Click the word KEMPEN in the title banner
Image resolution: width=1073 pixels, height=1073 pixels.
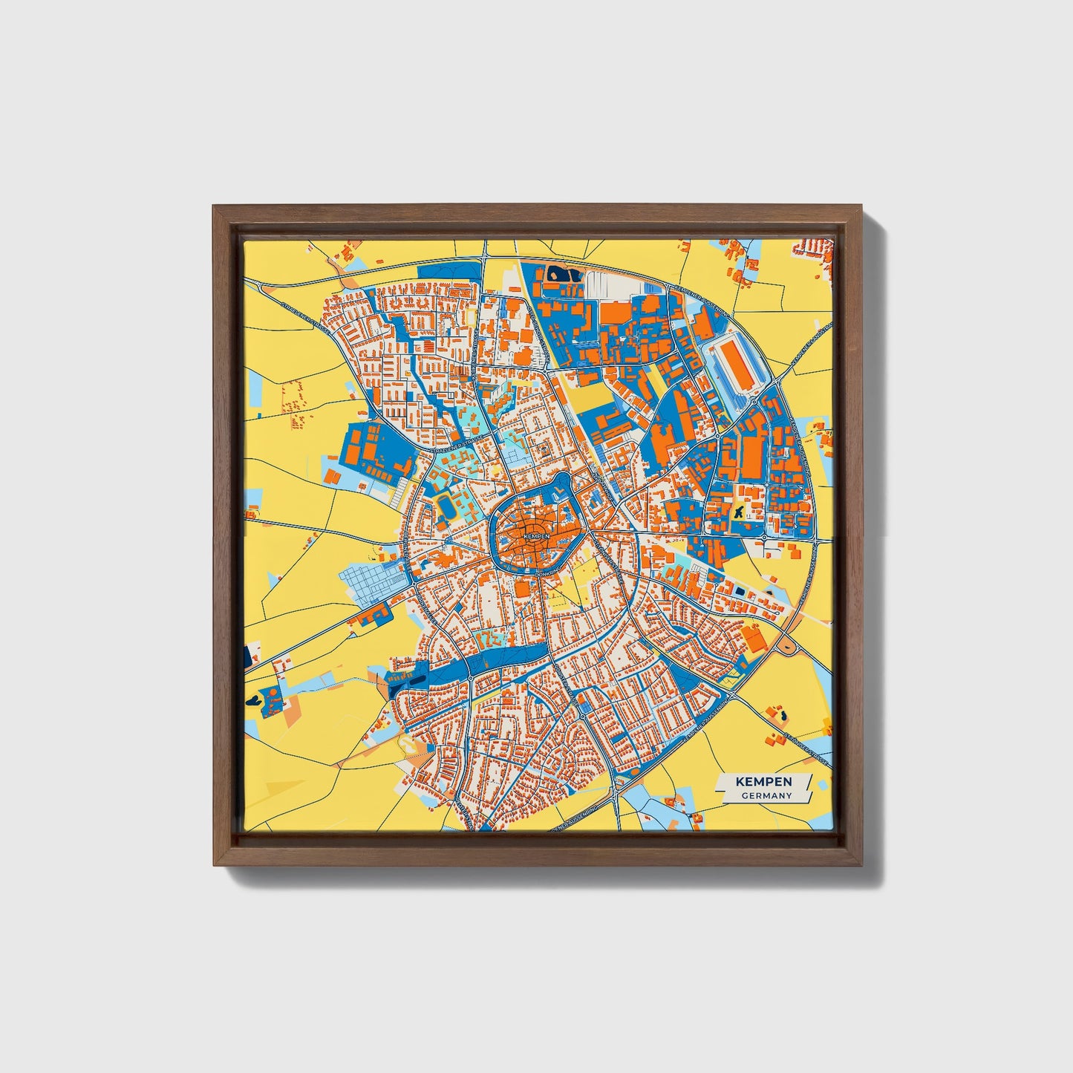coord(763,782)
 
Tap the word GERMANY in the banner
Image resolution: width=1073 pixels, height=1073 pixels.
coord(766,795)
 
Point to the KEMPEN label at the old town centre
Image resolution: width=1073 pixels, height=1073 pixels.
coord(536,535)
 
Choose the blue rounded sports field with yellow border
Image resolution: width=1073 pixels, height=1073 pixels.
coord(446,507)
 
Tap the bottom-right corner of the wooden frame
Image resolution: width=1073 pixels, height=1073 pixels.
coord(862,865)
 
